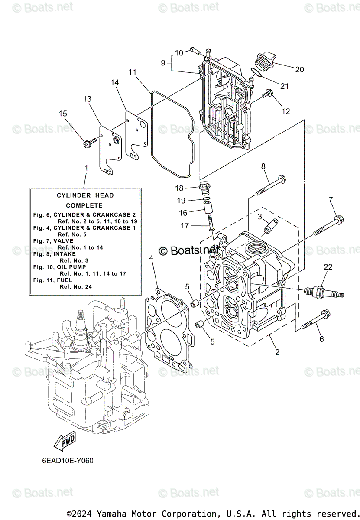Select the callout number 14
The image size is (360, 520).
coord(114,82)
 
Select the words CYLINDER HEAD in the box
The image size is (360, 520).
coord(85,195)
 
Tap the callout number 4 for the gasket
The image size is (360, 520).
coord(151,258)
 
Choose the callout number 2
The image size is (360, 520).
coord(277,352)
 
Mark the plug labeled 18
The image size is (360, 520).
coord(205,188)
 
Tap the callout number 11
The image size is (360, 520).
coord(132,72)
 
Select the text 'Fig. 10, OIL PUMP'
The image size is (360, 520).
coord(58,267)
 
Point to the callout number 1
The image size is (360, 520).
coord(86,168)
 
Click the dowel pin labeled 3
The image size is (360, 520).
coord(270,225)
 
